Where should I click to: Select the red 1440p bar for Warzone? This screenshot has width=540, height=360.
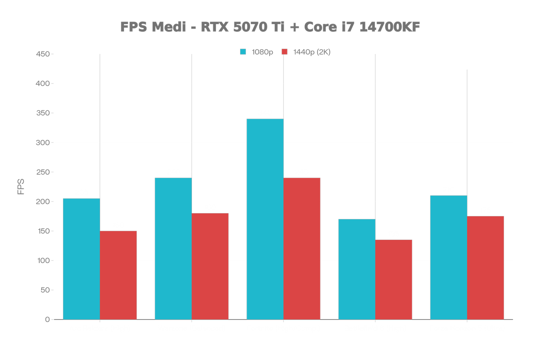[x=210, y=266]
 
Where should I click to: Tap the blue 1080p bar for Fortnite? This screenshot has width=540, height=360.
[x=265, y=219]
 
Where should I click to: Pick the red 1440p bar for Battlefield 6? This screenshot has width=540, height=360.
[x=394, y=279]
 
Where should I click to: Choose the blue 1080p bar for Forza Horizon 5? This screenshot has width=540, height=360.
[x=449, y=257]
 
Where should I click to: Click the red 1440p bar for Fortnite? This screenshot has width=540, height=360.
[x=302, y=248]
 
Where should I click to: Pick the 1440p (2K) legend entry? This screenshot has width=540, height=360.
[x=306, y=52]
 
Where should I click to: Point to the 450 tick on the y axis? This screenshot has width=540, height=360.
[x=42, y=54]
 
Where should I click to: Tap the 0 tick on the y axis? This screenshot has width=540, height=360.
[x=47, y=320]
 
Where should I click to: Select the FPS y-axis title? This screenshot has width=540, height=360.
[x=21, y=187]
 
